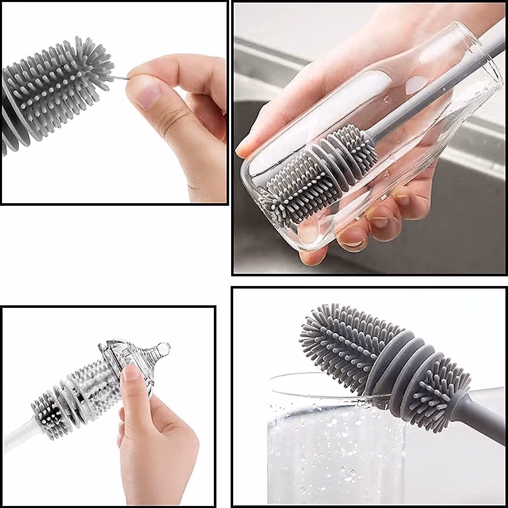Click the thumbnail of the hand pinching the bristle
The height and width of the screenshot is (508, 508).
[x=144, y=94]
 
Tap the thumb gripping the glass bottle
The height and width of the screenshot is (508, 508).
[x=264, y=137]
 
